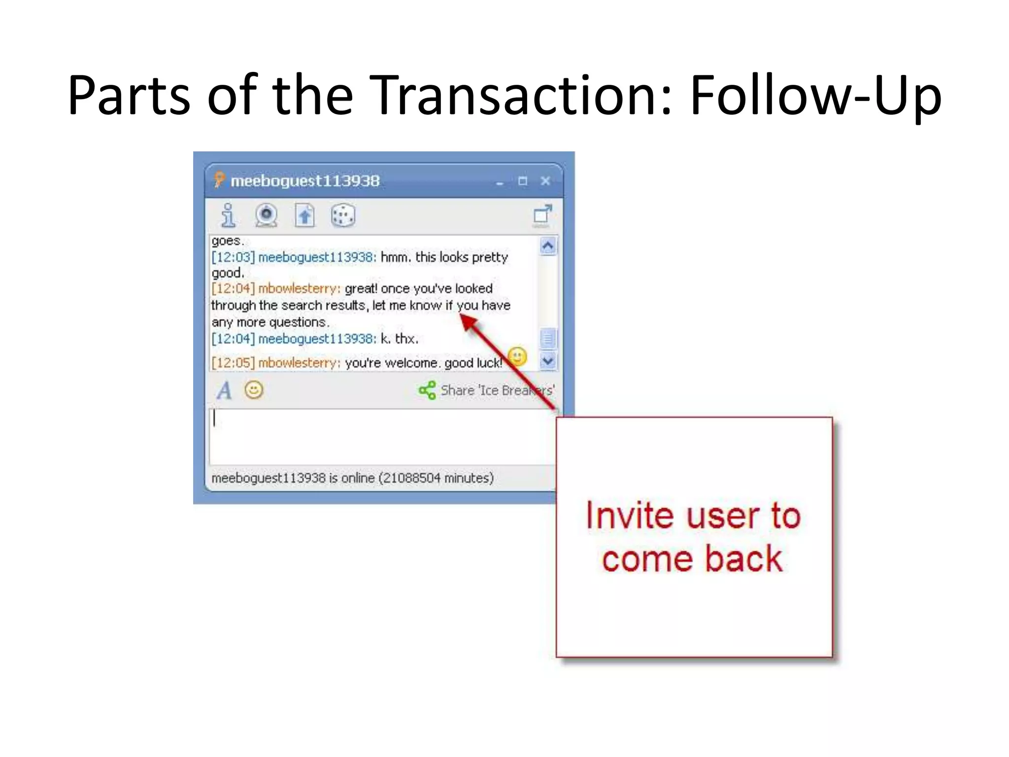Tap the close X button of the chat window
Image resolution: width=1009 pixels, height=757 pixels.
click(x=545, y=181)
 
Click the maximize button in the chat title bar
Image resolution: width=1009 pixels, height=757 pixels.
click(x=523, y=181)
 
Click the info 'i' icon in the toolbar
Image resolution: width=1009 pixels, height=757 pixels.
click(x=228, y=215)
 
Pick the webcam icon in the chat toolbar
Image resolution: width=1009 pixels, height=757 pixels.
click(x=266, y=215)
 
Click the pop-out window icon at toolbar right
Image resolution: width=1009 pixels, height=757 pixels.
click(x=542, y=215)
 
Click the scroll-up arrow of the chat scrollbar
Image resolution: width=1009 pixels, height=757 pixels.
click(x=548, y=245)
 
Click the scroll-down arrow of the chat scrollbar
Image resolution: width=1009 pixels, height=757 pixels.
click(x=548, y=361)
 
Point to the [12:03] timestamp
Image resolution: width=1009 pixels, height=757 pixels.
click(x=233, y=257)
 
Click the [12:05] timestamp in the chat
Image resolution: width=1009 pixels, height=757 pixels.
click(x=233, y=363)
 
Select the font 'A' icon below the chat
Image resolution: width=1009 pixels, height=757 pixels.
click(x=224, y=391)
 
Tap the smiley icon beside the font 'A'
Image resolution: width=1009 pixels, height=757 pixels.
click(x=254, y=390)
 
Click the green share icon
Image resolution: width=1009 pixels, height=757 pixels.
click(x=427, y=390)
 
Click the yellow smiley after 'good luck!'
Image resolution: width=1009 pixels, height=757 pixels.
click(x=517, y=356)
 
